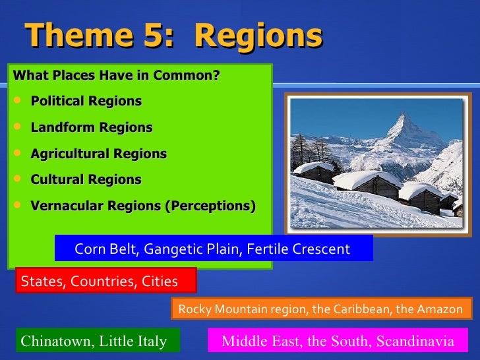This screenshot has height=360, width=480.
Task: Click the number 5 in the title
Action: click(155, 36)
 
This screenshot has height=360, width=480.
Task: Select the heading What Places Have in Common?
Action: click(116, 75)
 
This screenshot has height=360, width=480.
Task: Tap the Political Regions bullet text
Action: click(86, 102)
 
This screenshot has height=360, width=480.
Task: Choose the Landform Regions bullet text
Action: click(91, 127)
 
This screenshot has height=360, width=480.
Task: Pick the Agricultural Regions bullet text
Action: click(98, 154)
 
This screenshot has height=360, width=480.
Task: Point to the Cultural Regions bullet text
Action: click(86, 179)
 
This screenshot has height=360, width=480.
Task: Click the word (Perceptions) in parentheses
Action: click(210, 206)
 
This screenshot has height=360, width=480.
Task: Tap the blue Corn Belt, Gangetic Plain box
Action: click(213, 249)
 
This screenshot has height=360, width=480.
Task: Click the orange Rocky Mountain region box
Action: click(321, 309)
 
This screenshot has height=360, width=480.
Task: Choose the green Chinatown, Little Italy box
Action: click(94, 341)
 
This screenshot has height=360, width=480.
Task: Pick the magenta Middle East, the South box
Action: click(337, 341)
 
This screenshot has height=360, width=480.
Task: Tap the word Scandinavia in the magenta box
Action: click(417, 341)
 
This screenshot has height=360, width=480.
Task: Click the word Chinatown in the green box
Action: click(51, 341)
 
